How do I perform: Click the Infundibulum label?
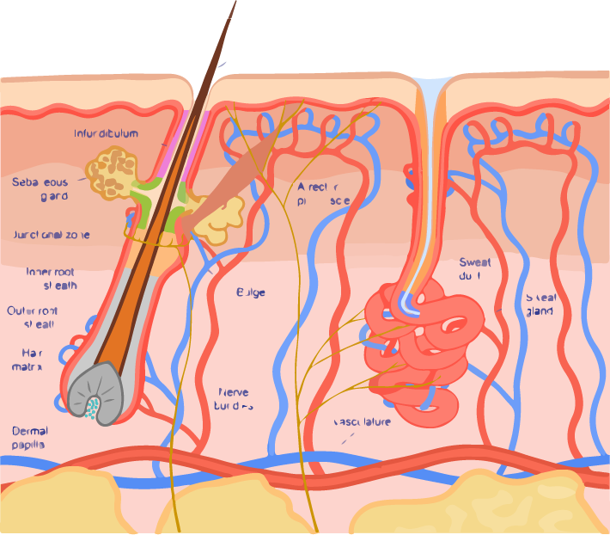point(106,134)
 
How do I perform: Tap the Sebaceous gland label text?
point(40,188)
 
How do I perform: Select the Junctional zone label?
point(52,235)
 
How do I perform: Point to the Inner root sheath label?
point(52,278)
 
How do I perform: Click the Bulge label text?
point(251,292)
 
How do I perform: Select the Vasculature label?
point(362,422)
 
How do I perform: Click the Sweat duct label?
point(475,269)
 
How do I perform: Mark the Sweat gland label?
point(542,304)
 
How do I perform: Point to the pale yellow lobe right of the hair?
point(219,220)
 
